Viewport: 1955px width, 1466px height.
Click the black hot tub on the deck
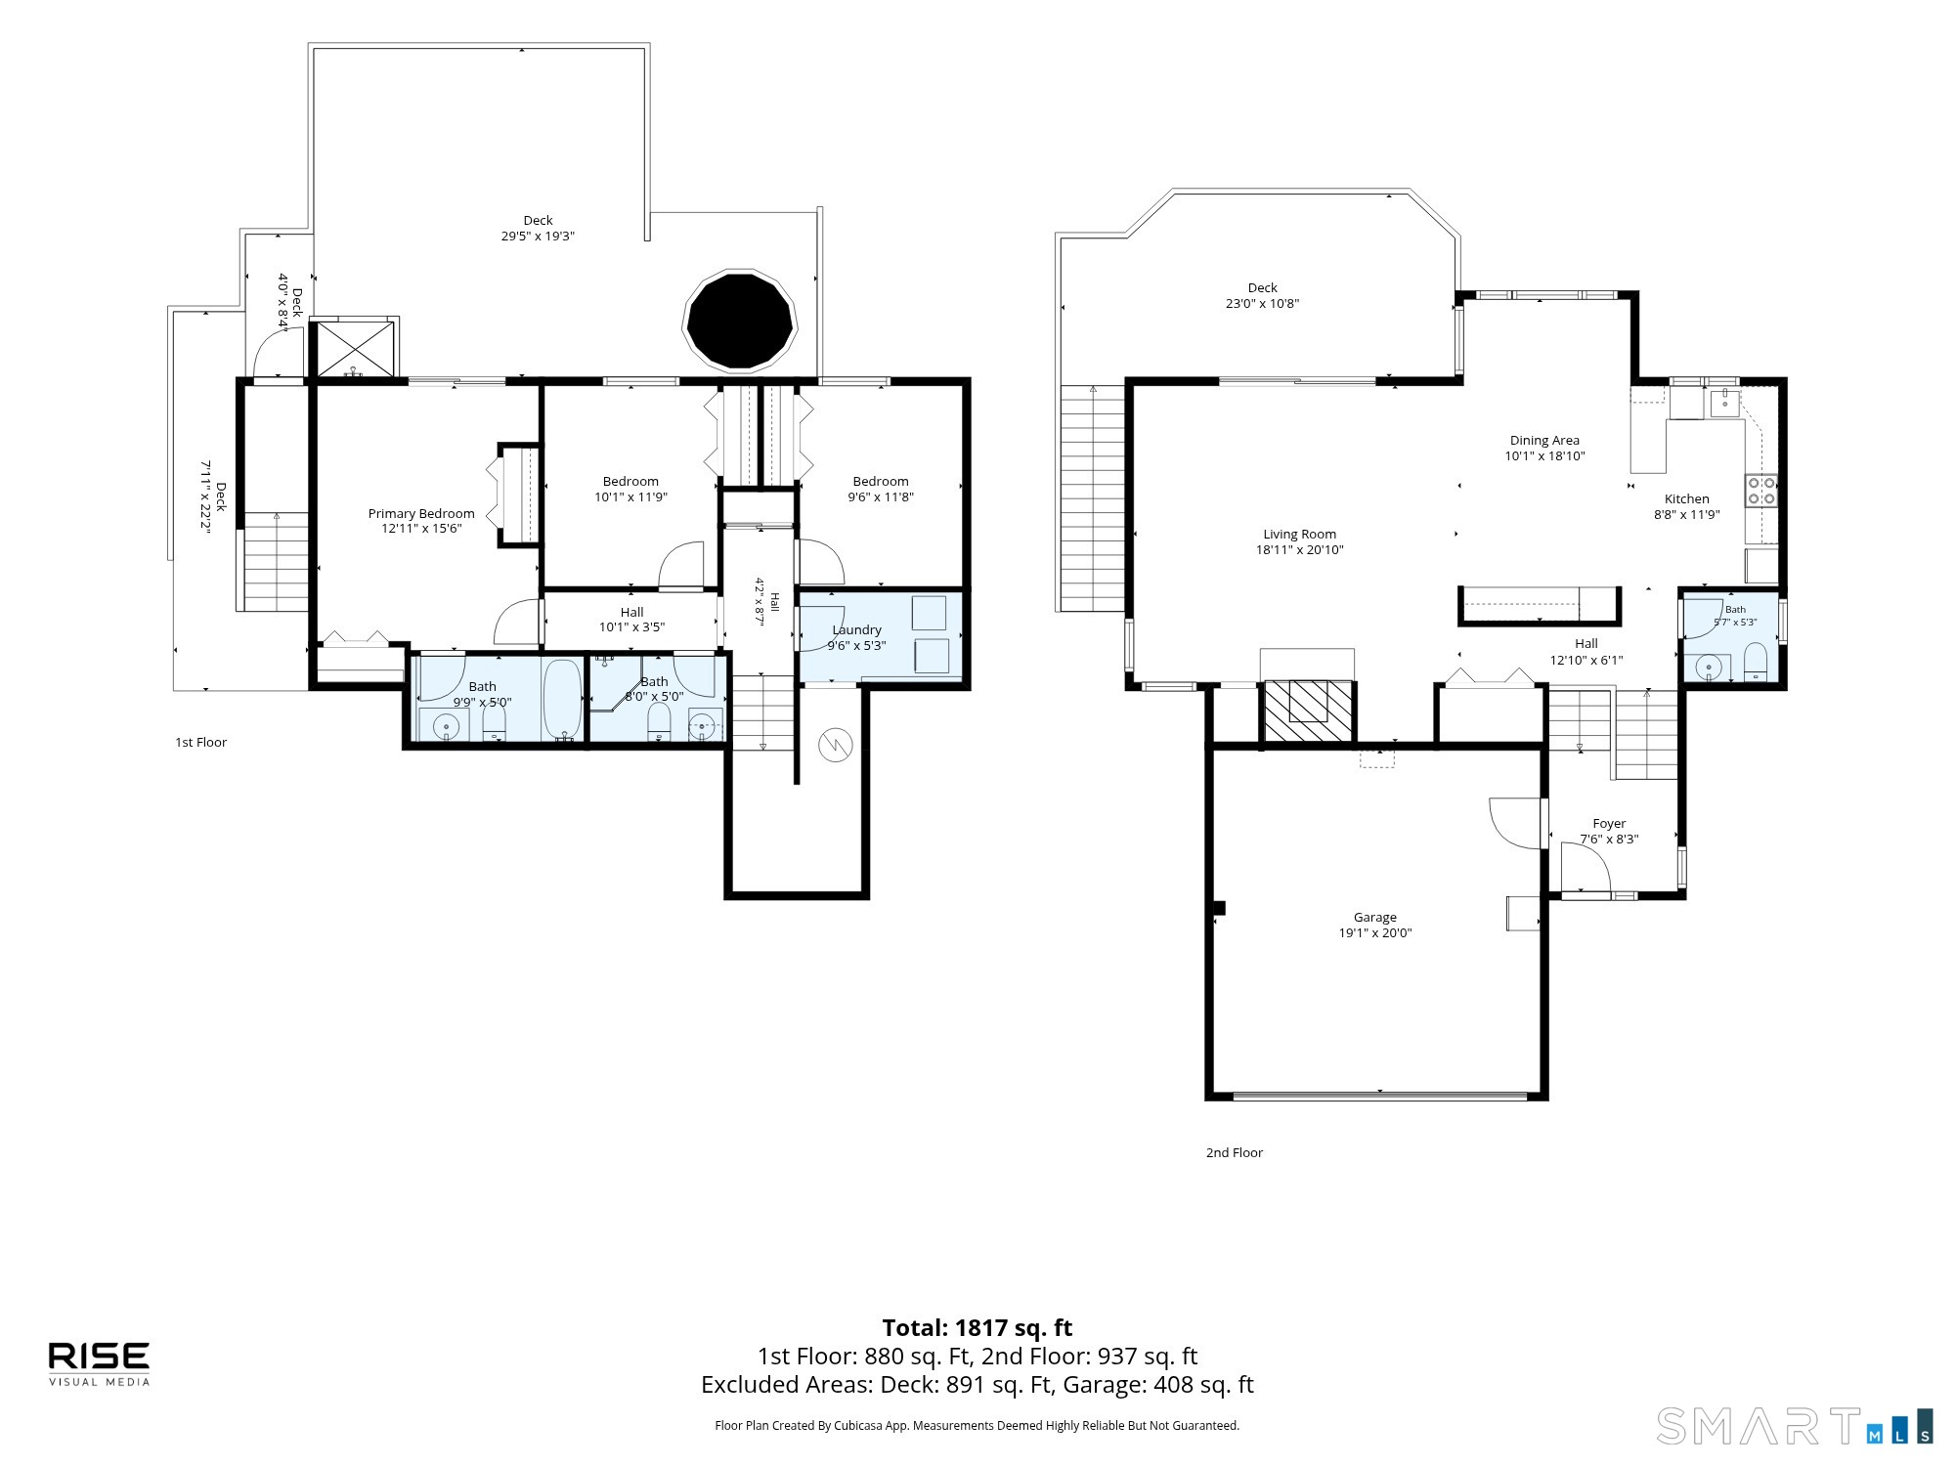pos(740,321)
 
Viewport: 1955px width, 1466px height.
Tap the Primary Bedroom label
pos(421,513)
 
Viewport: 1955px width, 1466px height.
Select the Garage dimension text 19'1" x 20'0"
pos(1375,933)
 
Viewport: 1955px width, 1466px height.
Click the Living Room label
pos(1299,535)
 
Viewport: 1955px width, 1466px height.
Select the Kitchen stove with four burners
pos(1761,491)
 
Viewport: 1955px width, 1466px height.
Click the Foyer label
pos(1609,824)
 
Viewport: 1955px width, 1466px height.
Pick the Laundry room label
pos(856,630)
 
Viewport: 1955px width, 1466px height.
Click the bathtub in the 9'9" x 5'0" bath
pos(562,700)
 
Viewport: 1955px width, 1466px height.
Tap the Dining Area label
pos(1544,441)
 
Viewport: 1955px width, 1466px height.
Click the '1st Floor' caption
pos(200,743)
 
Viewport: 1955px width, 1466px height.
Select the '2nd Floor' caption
pos(1235,1153)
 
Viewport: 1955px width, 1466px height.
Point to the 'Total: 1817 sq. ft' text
pos(977,1328)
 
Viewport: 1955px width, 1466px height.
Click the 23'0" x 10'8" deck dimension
pos(1263,304)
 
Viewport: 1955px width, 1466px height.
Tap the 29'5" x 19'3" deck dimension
pos(538,237)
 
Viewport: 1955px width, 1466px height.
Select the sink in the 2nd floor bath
pos(1708,668)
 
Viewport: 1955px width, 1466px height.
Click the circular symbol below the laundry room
pos(836,746)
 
